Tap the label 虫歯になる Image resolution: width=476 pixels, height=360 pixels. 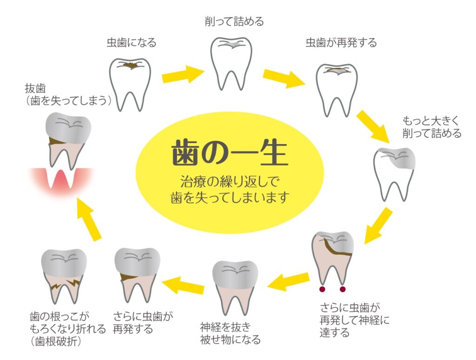tap(132, 43)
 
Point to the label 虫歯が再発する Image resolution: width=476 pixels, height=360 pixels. tap(341, 43)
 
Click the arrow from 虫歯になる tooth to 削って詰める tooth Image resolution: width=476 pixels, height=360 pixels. tap(182, 74)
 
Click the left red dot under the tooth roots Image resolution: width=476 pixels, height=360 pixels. tap(321, 289)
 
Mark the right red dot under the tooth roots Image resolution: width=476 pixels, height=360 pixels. tap(343, 289)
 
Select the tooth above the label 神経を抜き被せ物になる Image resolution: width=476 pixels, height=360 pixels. tap(235, 286)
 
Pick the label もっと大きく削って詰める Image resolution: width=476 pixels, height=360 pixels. tap(432, 127)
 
